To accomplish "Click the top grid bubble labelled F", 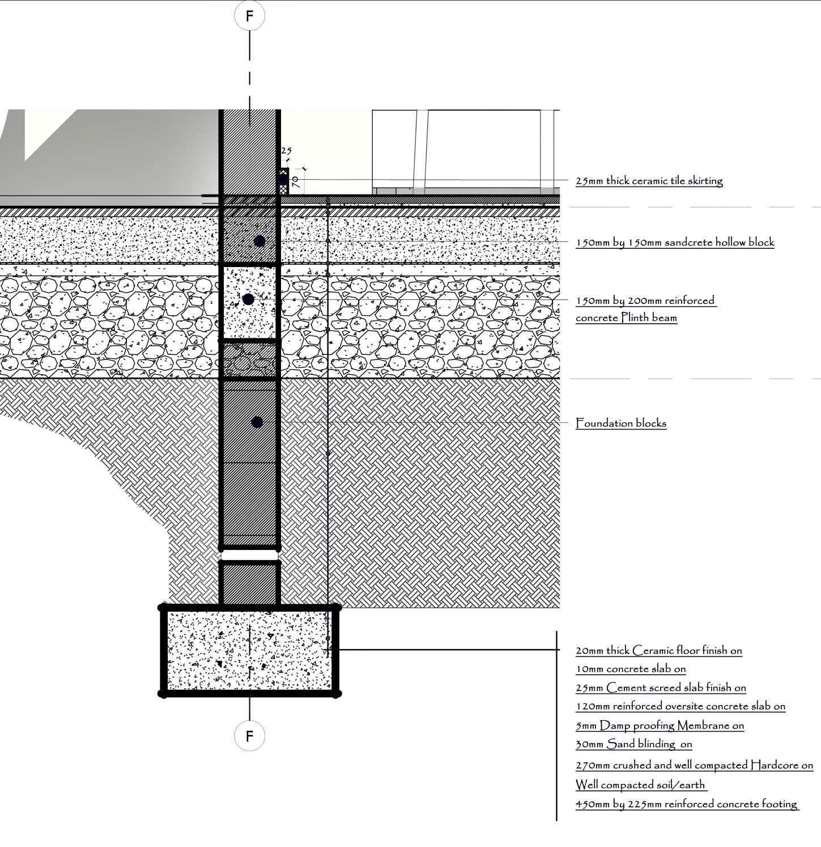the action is pyautogui.click(x=249, y=16).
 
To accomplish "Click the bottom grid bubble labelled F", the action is pyautogui.click(x=249, y=736).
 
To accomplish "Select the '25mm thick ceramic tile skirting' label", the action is pyautogui.click(x=649, y=181).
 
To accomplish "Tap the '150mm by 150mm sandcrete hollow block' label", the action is pyautogui.click(x=675, y=242).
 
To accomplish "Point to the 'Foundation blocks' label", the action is pyautogui.click(x=621, y=423).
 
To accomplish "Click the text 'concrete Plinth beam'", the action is pyautogui.click(x=626, y=317).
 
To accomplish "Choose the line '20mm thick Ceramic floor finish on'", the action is pyautogui.click(x=658, y=650).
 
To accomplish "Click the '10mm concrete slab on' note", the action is pyautogui.click(x=631, y=669).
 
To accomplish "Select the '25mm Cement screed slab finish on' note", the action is pyautogui.click(x=661, y=688).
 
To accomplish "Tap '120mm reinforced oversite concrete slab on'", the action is pyautogui.click(x=680, y=706).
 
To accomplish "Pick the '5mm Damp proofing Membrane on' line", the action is pyautogui.click(x=660, y=725).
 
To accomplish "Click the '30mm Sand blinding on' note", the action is pyautogui.click(x=633, y=744).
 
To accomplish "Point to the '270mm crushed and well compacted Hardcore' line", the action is pyautogui.click(x=694, y=765).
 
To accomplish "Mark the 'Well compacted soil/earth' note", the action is pyautogui.click(x=640, y=785).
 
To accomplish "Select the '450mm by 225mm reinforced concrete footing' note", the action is pyautogui.click(x=686, y=804).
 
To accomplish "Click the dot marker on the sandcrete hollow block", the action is pyautogui.click(x=260, y=241).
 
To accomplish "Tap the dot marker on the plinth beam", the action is pyautogui.click(x=248, y=299).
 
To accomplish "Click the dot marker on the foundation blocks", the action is pyautogui.click(x=257, y=422).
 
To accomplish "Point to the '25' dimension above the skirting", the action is pyautogui.click(x=286, y=151).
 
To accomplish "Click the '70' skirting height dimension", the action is pyautogui.click(x=295, y=181).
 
